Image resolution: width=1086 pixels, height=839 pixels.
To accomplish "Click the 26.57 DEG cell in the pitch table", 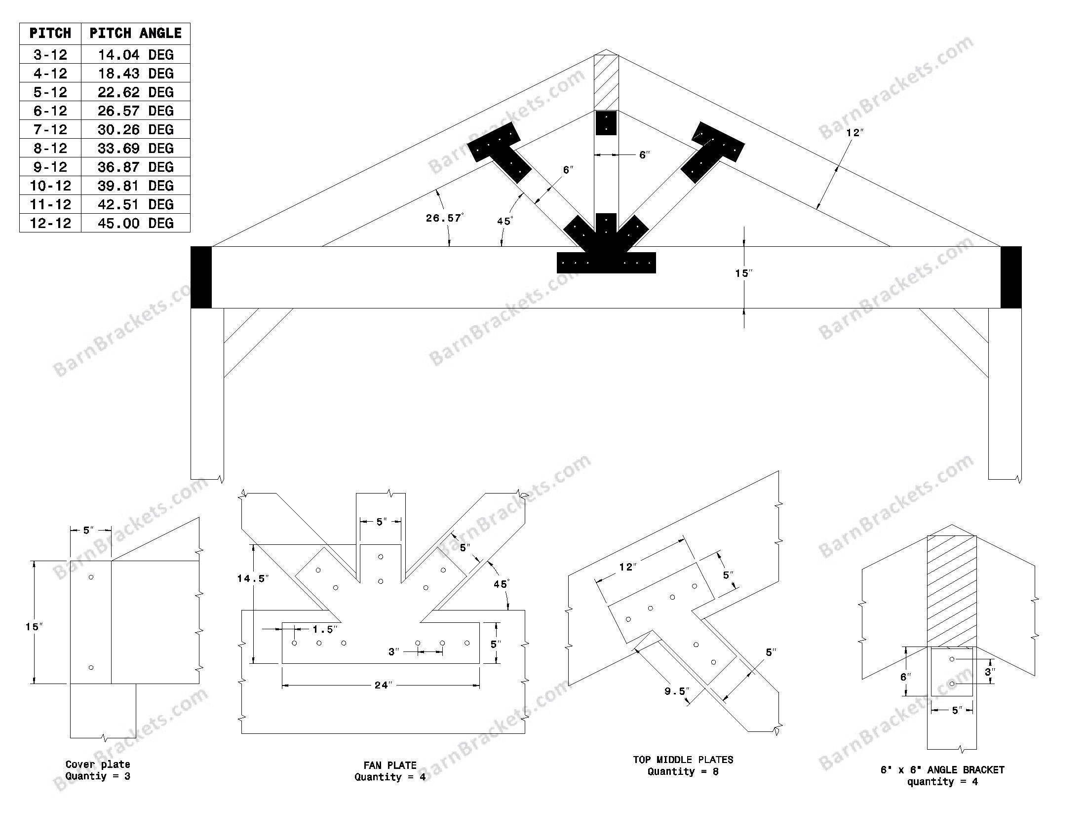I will point(135,111).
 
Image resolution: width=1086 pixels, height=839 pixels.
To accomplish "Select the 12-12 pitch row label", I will point(50,223).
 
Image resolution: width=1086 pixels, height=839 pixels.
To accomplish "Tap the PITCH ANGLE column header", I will point(135,33).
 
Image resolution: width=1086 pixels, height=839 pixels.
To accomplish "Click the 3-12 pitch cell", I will point(50,54).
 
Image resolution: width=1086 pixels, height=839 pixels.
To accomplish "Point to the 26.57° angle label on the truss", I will point(445,218).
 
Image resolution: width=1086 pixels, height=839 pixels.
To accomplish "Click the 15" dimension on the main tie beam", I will point(744,273).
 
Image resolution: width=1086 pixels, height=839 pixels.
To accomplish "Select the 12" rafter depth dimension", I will point(855,133).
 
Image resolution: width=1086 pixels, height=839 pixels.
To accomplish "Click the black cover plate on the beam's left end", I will point(201,277).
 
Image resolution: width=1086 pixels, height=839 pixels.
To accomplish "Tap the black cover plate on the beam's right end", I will point(1011,277).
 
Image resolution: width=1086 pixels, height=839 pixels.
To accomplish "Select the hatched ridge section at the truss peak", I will point(606,82).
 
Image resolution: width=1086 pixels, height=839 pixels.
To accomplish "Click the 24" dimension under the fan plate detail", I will point(383,686).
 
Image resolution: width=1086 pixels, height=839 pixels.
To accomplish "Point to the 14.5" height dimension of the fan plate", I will point(253,578).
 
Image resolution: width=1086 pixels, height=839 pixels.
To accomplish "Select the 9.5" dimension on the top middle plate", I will point(677,691).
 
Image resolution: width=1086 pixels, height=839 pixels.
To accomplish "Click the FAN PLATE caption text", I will point(390,765).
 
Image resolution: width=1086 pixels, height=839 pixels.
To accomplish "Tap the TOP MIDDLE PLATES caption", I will point(683,760).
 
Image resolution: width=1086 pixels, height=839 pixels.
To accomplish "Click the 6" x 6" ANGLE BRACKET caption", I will point(942,770).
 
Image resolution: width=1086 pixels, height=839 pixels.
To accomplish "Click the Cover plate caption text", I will point(98,764).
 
